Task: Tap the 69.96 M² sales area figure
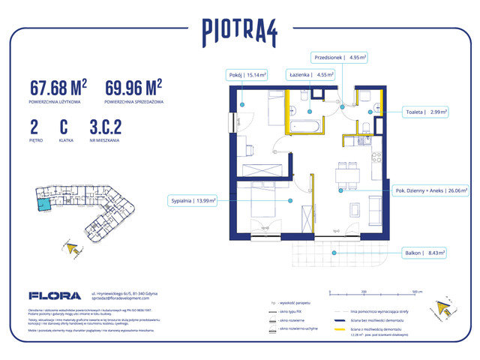pyautogui.click(x=134, y=87)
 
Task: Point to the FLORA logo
pyautogui.click(x=49, y=295)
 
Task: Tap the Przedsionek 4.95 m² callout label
pyautogui.click(x=340, y=56)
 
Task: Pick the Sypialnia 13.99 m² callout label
pyautogui.click(x=193, y=200)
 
